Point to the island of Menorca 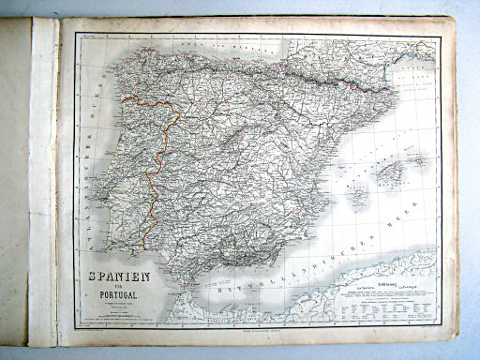coord(419,160)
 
